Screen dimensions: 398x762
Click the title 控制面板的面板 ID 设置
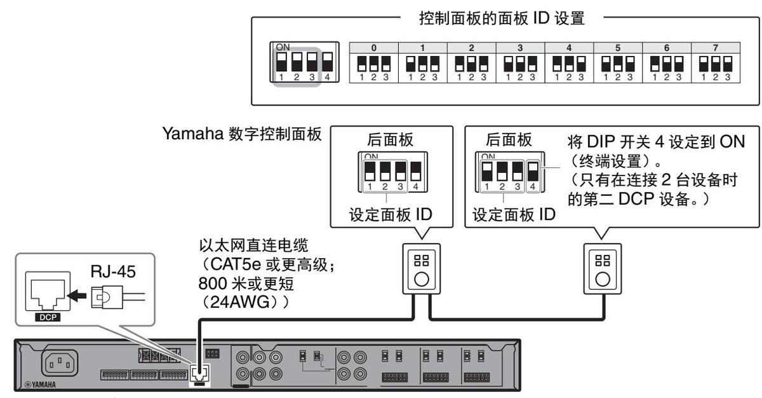click(502, 18)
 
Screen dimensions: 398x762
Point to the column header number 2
click(471, 48)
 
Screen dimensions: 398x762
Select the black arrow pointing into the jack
click(77, 294)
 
